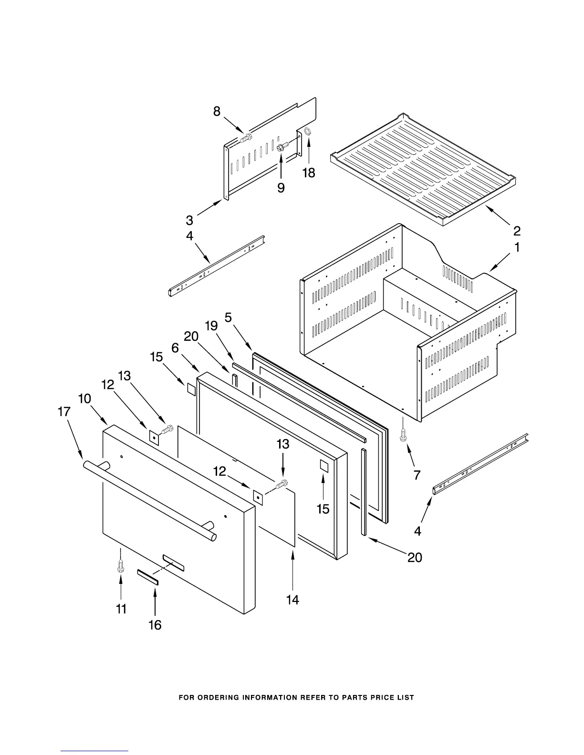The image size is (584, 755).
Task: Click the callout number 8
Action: pyautogui.click(x=217, y=112)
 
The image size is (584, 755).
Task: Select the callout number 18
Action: pyautogui.click(x=309, y=173)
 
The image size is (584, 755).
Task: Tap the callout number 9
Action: pyautogui.click(x=281, y=188)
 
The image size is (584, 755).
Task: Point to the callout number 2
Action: pyautogui.click(x=517, y=231)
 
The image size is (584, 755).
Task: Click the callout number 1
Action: pyautogui.click(x=517, y=248)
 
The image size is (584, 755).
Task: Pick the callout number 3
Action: pyautogui.click(x=189, y=220)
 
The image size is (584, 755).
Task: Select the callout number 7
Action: pyautogui.click(x=417, y=475)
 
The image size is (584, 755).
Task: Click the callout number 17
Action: pyautogui.click(x=64, y=411)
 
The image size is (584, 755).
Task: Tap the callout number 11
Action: pyautogui.click(x=121, y=609)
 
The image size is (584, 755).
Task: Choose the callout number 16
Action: pyautogui.click(x=155, y=624)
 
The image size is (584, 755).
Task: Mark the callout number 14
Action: pyautogui.click(x=292, y=600)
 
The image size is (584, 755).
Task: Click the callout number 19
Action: pyautogui.click(x=211, y=326)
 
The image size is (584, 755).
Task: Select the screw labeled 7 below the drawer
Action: pyautogui.click(x=404, y=435)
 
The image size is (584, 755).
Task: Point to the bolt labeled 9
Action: pyautogui.click(x=282, y=147)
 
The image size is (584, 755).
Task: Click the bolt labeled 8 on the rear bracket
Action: pyautogui.click(x=246, y=139)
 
